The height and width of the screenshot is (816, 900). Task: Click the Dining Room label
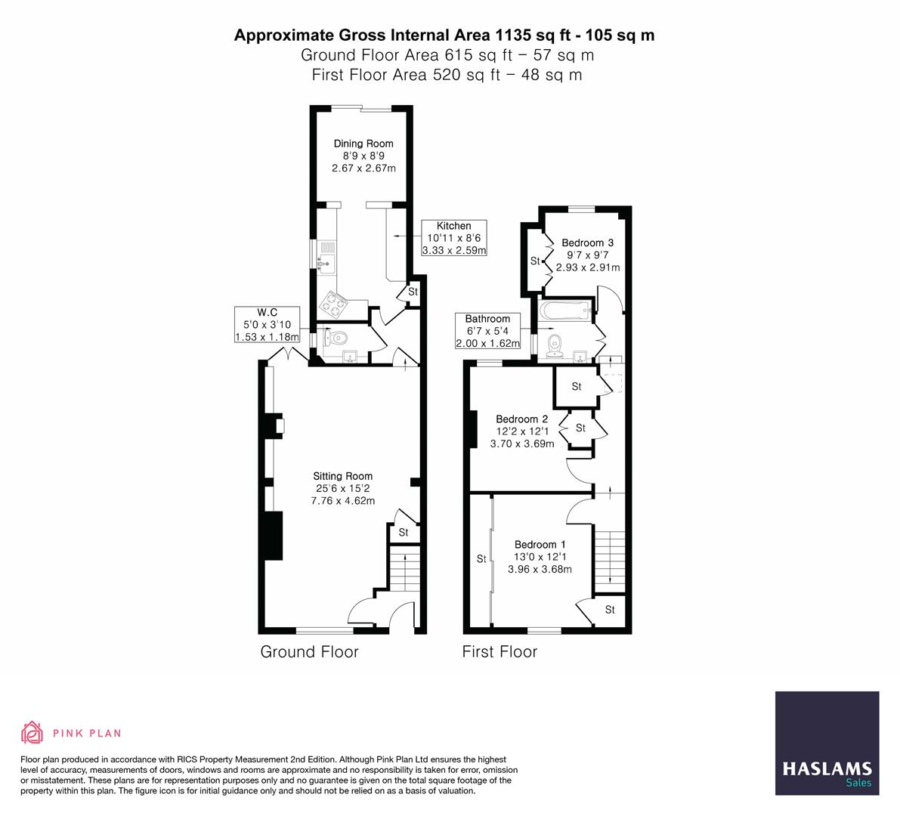(363, 144)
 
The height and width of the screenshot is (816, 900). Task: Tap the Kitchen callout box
(454, 237)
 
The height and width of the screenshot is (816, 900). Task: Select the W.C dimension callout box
(267, 325)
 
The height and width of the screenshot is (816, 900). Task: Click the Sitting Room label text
(342, 476)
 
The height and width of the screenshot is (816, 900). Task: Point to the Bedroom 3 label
(587, 243)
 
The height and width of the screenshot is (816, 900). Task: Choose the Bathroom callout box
(488, 331)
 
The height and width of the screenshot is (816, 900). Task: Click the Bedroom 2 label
(521, 419)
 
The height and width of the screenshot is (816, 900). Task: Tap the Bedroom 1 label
(540, 544)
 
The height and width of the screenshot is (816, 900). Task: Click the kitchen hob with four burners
(333, 304)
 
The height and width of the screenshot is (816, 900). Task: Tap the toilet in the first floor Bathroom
(555, 345)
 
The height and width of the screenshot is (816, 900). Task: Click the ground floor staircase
(404, 567)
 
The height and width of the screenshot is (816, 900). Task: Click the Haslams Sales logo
(827, 743)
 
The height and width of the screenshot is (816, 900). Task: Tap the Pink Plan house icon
(32, 732)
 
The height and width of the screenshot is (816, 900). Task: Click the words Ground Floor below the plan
(309, 652)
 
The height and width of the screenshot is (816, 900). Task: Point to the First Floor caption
(500, 652)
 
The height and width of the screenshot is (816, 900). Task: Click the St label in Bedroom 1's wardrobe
(481, 559)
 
